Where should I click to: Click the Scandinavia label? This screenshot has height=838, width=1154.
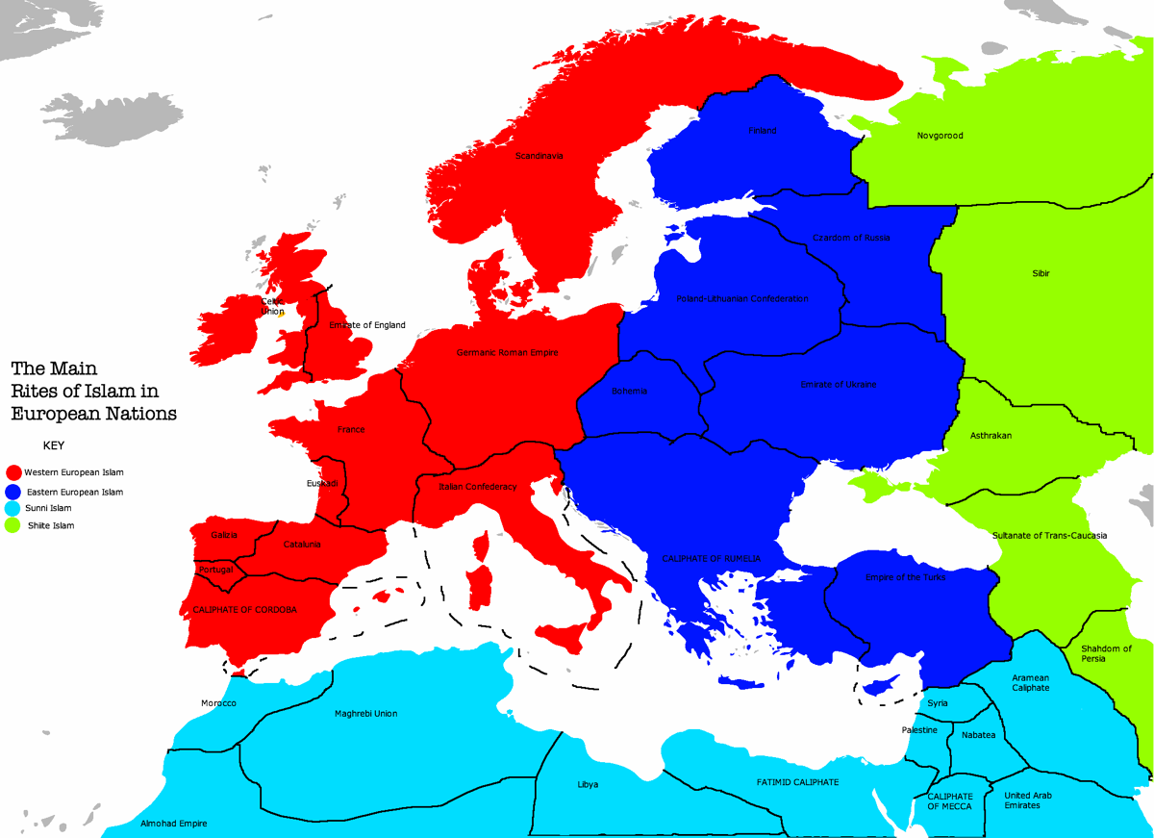pyautogui.click(x=539, y=156)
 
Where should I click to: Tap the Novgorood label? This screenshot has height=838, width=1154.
pyautogui.click(x=940, y=136)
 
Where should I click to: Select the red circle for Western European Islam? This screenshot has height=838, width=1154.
pyautogui.click(x=13, y=472)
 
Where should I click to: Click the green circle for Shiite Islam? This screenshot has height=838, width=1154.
pyautogui.click(x=13, y=526)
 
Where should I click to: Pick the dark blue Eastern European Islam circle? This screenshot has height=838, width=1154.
pyautogui.click(x=13, y=492)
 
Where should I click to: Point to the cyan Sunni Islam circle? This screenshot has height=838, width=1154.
pyautogui.click(x=13, y=509)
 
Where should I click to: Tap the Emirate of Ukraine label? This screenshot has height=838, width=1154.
pyautogui.click(x=839, y=385)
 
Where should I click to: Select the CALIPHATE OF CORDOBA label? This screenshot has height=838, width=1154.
pyautogui.click(x=244, y=610)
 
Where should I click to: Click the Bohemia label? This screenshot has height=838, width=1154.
pyautogui.click(x=629, y=392)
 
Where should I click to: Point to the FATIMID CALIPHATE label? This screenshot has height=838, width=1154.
pyautogui.click(x=797, y=782)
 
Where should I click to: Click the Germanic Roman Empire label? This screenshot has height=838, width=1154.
pyautogui.click(x=507, y=353)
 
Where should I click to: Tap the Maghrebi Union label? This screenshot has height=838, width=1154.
pyautogui.click(x=365, y=714)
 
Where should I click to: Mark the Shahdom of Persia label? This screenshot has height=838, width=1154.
pyautogui.click(x=1106, y=653)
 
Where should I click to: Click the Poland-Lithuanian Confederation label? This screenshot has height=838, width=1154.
pyautogui.click(x=741, y=298)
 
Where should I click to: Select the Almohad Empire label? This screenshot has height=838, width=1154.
pyautogui.click(x=174, y=824)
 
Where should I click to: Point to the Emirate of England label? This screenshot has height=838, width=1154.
pyautogui.click(x=367, y=325)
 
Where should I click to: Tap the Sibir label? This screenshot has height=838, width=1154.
pyautogui.click(x=1041, y=274)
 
